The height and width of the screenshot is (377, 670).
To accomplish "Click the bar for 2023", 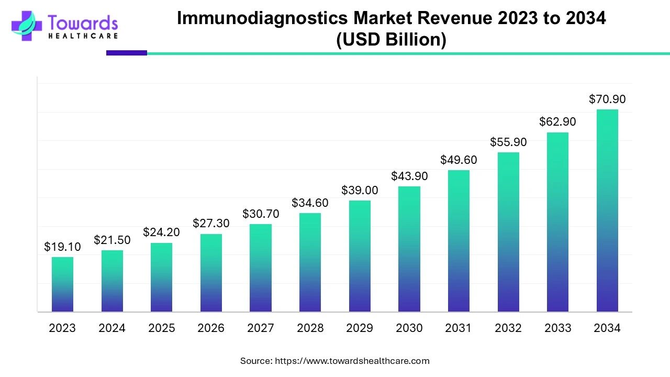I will click(62, 284).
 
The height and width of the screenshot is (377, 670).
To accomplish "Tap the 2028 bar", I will click(310, 262).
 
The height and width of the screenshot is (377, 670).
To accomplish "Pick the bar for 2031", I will click(459, 241).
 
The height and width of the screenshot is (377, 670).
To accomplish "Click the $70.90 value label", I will click(607, 99).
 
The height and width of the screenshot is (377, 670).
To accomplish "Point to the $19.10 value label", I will click(62, 247).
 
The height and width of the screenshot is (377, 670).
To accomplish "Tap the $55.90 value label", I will click(508, 142).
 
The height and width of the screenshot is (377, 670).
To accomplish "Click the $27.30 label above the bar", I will click(211, 223).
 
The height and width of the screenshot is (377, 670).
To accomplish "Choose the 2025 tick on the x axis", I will click(161, 328).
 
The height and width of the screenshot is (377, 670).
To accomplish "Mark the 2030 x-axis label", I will click(409, 328).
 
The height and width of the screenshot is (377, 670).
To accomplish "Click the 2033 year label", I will click(557, 328).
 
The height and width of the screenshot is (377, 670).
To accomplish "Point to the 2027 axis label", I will click(260, 328).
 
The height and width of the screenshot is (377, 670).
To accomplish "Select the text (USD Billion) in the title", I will click(391, 40).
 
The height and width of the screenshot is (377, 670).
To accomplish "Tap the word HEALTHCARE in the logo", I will click(83, 36).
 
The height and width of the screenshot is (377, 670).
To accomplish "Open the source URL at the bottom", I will click(352, 361).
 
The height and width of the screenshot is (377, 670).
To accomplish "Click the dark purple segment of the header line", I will click(127, 53).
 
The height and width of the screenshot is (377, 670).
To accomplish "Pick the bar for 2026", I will click(211, 273).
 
